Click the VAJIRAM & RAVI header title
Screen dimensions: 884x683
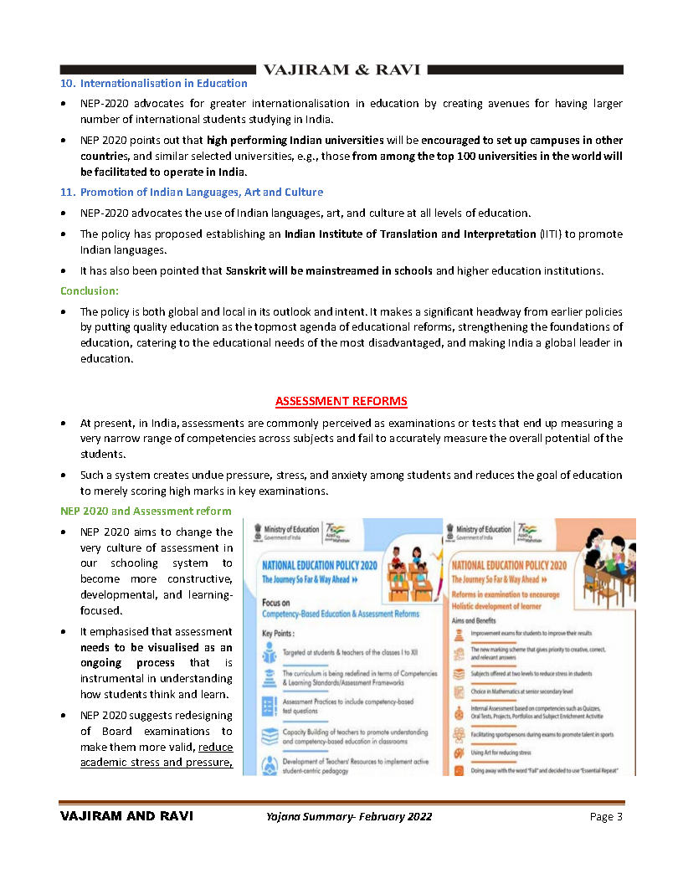pos(341,69)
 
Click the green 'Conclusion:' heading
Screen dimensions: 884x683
pos(89,290)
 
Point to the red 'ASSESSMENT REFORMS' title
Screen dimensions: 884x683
pos(341,401)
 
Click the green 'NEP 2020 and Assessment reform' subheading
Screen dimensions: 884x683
pos(146,511)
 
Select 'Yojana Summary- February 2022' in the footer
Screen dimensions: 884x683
pos(344,816)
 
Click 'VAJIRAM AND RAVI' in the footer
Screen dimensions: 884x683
pos(126,816)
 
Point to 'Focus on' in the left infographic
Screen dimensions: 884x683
pos(276,602)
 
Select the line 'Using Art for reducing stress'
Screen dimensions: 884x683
pos(501,753)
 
